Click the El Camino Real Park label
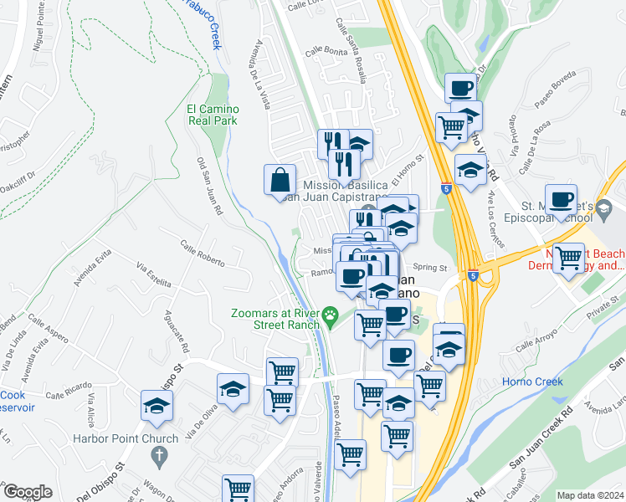[x=213, y=115]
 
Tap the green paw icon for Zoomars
[x=331, y=315]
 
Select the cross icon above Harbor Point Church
[x=159, y=455]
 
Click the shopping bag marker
[x=280, y=180]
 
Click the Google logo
[x=27, y=492]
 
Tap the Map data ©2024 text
[x=589, y=495]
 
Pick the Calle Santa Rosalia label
[x=351, y=51]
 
